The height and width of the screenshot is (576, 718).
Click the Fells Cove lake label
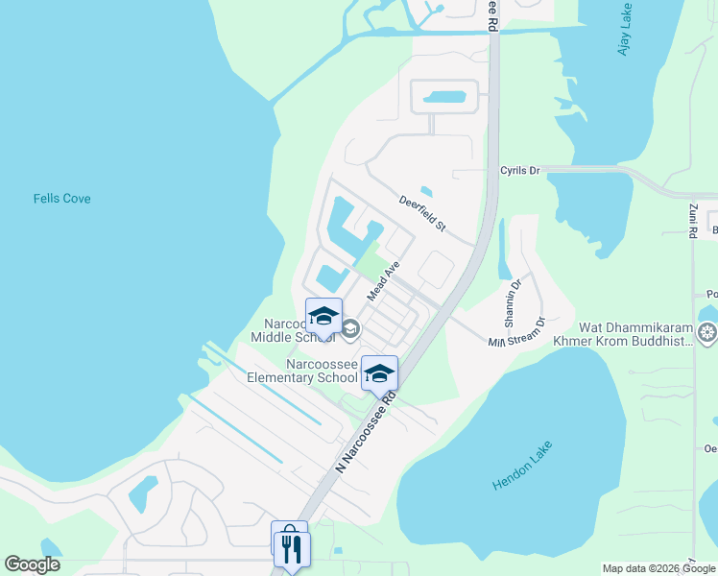click(x=61, y=199)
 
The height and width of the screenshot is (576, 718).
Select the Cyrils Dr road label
click(x=520, y=170)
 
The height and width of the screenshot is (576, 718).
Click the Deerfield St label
click(x=423, y=213)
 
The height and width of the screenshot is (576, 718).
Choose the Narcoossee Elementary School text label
click(x=302, y=372)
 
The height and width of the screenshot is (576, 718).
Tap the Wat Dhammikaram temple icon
click(x=708, y=333)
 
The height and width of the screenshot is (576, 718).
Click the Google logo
click(x=32, y=564)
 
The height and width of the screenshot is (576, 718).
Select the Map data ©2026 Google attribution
click(x=658, y=568)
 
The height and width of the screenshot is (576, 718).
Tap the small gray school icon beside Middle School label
click(x=350, y=329)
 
